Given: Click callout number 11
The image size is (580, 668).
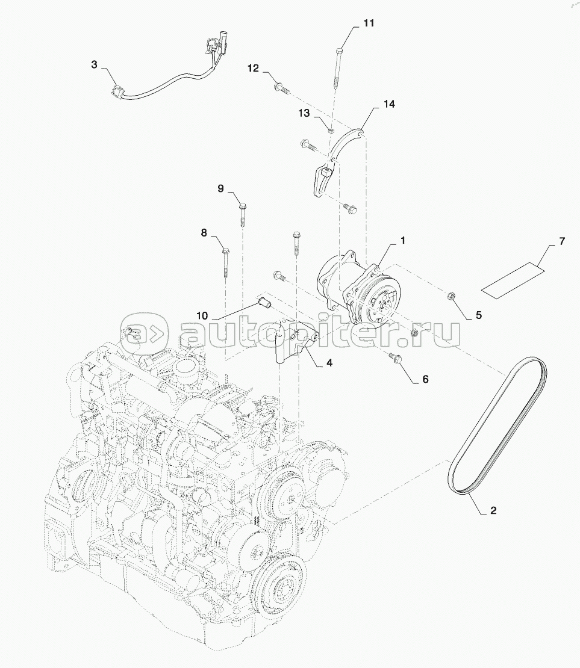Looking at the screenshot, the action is tap(369, 23).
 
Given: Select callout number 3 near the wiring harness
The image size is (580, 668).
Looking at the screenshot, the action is tap(94, 65).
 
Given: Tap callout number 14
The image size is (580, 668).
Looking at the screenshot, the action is tap(389, 104).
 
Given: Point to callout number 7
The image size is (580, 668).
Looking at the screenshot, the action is tap(562, 241).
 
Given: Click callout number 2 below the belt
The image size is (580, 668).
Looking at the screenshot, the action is tap(493, 510).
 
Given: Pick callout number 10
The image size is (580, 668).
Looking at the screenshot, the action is tap(202, 316).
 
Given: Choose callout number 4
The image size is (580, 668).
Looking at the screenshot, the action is tap(329, 363).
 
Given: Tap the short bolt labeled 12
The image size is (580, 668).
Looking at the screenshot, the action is tap(281, 89).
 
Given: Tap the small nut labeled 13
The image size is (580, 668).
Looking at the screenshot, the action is tap(331, 129).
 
